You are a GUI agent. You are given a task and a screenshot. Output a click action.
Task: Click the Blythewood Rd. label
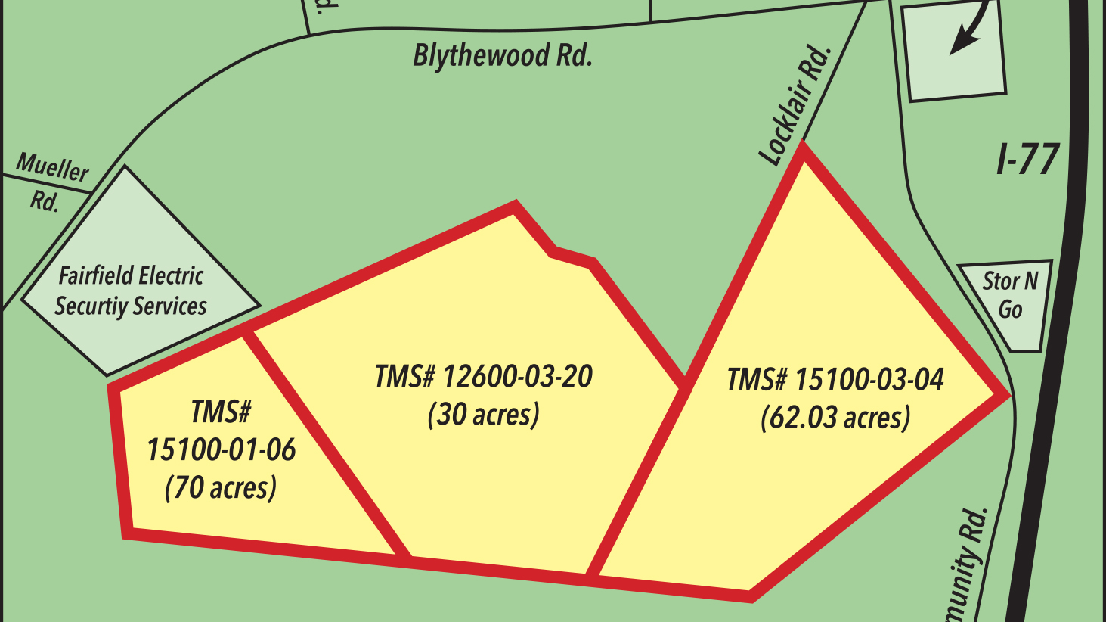point(502,56)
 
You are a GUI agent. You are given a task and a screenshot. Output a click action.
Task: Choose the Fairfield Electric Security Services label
point(131,291)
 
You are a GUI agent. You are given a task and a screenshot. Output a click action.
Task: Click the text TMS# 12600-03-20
point(483,377)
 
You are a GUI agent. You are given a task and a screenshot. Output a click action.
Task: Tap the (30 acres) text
point(483,415)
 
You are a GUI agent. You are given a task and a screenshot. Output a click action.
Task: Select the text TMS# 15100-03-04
point(835,379)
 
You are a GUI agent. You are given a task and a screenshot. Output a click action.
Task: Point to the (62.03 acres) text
point(835,418)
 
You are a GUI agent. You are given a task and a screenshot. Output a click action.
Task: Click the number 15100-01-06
point(221,450)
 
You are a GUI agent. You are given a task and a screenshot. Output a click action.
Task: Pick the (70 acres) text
point(221,487)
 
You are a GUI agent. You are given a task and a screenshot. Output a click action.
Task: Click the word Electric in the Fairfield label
point(170,275)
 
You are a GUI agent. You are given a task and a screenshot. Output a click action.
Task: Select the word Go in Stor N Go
point(1010,309)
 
